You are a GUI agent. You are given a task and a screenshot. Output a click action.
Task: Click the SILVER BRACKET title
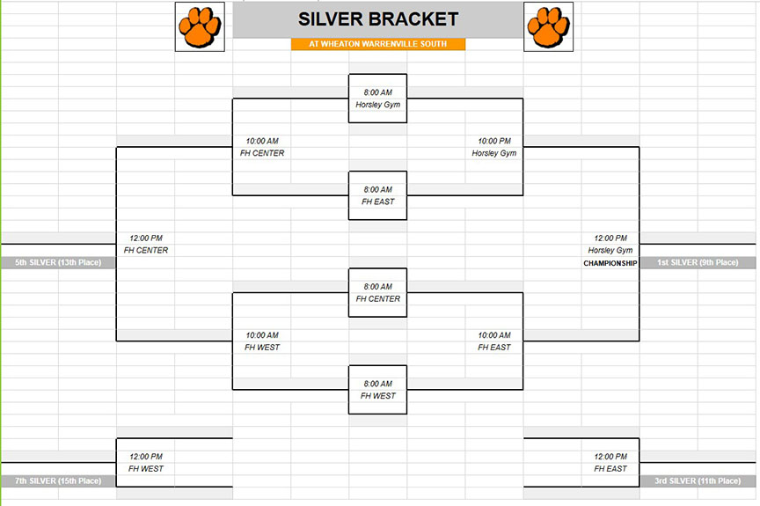point(378,19)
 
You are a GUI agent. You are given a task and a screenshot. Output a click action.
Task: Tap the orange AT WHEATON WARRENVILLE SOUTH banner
point(378,44)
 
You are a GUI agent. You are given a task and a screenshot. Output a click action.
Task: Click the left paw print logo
point(200,26)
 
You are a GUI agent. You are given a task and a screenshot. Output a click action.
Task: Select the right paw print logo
point(548,26)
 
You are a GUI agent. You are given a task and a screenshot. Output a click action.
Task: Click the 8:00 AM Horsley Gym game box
point(377,99)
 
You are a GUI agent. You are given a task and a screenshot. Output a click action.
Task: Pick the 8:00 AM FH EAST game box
point(377,195)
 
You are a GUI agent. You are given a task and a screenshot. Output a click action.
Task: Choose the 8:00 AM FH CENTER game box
point(377,293)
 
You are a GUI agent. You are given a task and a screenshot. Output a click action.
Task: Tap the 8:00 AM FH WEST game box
point(377,390)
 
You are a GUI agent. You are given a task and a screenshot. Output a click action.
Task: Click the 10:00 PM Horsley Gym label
point(493,147)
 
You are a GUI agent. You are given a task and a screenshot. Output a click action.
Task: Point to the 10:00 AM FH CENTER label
point(262,147)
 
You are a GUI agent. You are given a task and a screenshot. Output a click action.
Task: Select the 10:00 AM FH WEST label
point(262,341)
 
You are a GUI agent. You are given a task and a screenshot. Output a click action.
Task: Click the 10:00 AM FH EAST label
point(493,341)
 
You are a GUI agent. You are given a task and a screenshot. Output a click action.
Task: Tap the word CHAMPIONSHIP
point(610,263)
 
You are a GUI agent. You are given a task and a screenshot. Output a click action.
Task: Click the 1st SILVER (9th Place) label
point(698,262)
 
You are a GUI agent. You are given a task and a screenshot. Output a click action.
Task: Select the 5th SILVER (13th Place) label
point(58,262)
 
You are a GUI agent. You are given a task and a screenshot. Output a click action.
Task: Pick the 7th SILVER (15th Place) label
point(58,480)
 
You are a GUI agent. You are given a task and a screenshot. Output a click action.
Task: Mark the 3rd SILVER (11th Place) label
point(698,480)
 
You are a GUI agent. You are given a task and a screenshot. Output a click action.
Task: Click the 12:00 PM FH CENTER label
point(145,245)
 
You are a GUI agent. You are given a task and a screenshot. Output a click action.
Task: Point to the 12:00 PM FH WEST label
point(145,462)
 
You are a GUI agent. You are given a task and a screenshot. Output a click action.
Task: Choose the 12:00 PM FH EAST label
point(610,462)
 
